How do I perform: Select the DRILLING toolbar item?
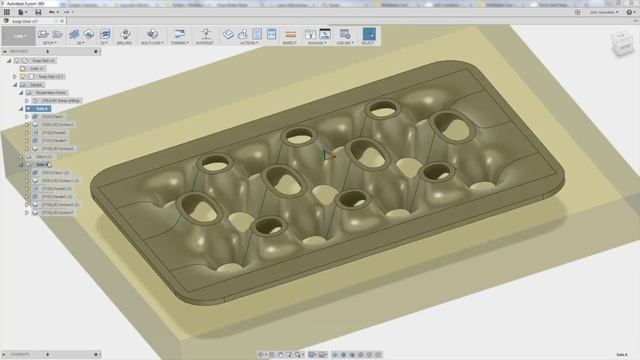[125, 37]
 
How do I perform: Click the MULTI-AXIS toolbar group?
[153, 37]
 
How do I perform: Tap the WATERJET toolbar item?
[206, 37]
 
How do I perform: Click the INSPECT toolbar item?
[291, 37]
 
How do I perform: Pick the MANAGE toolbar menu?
[317, 37]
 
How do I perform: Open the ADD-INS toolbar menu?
[343, 37]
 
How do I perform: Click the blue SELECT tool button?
[369, 35]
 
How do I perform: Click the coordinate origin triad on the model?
[321, 155]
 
